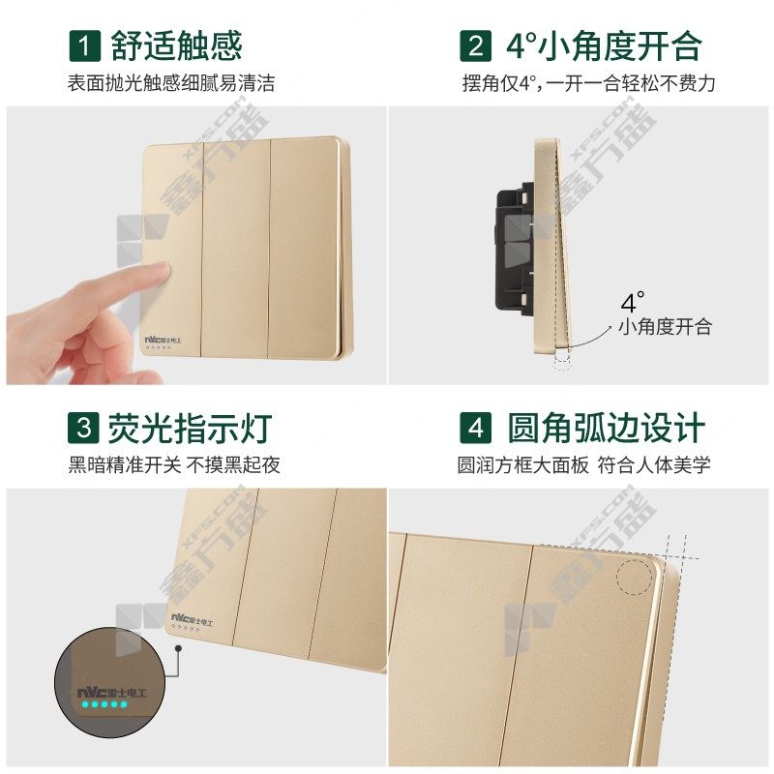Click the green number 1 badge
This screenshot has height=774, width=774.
[x=84, y=45]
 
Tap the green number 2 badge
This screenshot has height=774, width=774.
[x=475, y=45]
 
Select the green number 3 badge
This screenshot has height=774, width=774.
[x=83, y=428]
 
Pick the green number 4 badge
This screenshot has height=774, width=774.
[x=475, y=428]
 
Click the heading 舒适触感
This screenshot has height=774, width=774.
[x=176, y=45]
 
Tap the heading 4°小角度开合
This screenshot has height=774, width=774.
[x=603, y=45]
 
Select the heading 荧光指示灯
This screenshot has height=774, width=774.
[x=190, y=428]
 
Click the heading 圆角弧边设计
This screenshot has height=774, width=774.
[x=607, y=428]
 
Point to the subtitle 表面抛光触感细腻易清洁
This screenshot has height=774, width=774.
[x=171, y=83]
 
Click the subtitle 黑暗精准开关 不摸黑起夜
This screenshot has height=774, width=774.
[x=174, y=464]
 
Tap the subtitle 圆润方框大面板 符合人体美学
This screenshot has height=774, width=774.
[x=583, y=464]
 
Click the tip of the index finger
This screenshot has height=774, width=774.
[x=164, y=270]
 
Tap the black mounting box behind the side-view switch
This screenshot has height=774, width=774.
[x=515, y=250]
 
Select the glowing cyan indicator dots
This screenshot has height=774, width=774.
[x=104, y=704]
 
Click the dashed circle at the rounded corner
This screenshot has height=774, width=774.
[x=635, y=577]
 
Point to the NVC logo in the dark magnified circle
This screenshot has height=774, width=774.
[x=112, y=692]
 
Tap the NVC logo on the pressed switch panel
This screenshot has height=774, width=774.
[x=163, y=341]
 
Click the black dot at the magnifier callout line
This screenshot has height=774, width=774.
[x=178, y=647]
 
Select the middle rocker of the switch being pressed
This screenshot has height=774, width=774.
[x=236, y=249]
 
